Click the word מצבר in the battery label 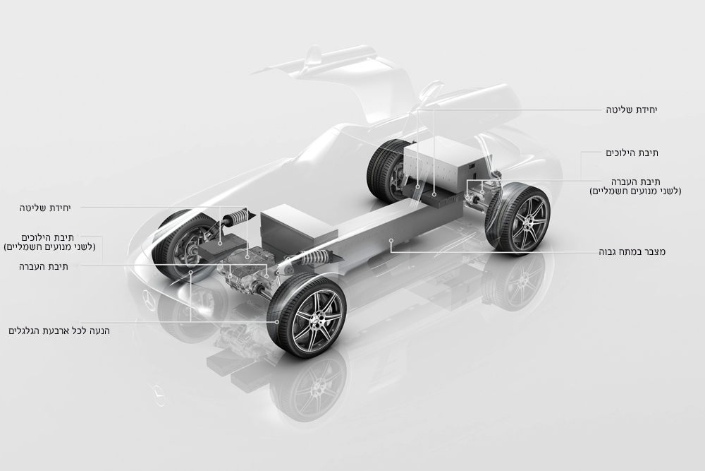[x=655, y=251]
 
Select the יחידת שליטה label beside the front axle [x=45, y=208]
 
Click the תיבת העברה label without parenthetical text [x=43, y=266]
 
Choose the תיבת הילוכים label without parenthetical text [x=632, y=153]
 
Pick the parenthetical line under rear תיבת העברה [x=635, y=191]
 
